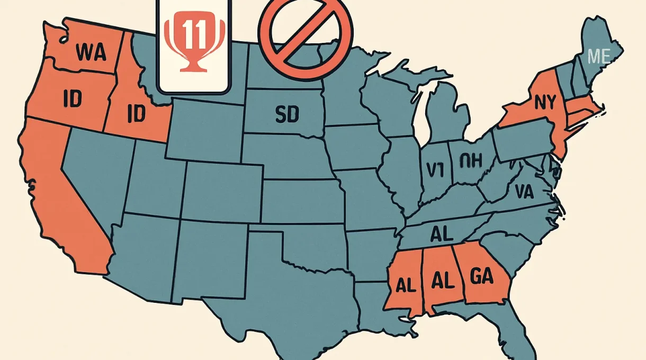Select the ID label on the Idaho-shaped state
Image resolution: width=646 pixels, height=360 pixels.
pos(136,114)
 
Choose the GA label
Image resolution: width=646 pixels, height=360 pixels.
pos(481,276)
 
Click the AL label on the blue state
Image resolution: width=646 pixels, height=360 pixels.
pos(443,233)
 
